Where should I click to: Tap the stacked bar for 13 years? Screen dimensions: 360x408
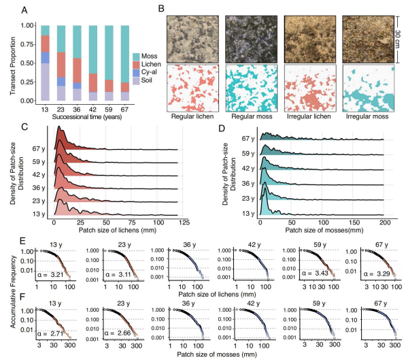pyautogui.click(x=46, y=65)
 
